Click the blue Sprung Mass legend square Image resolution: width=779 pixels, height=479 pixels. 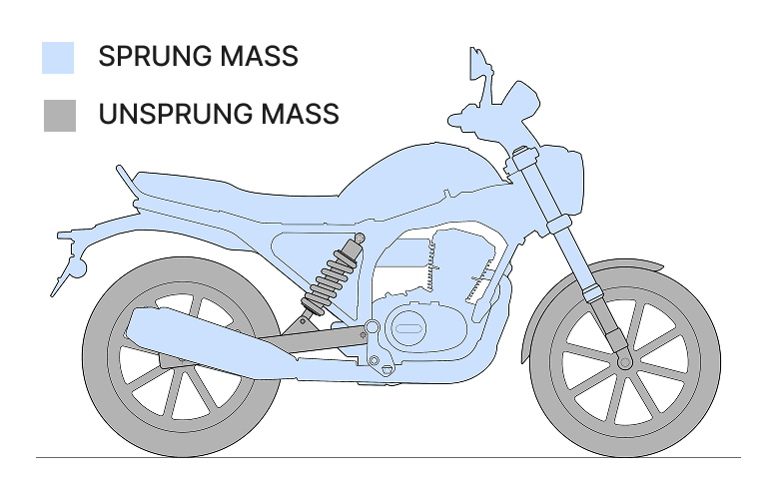pos(58,57)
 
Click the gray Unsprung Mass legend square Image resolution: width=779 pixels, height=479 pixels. pos(59,115)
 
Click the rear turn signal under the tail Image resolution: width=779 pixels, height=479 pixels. pos(73,268)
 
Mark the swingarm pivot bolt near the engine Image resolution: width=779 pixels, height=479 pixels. pos(372,327)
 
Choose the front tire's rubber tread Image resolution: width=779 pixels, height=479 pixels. pos(699,399)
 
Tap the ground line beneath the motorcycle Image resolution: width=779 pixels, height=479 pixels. pos(399,457)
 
